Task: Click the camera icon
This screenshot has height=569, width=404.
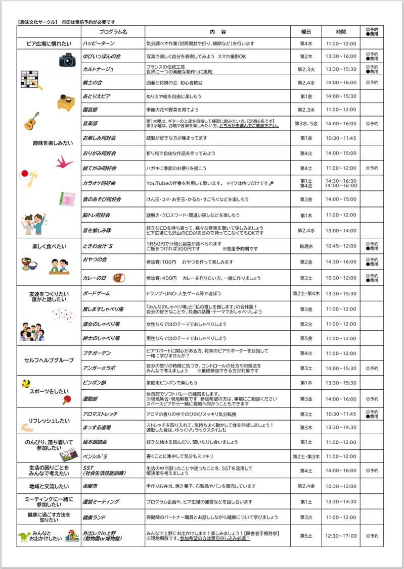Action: pos(67,60)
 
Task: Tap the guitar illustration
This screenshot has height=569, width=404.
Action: pos(31,121)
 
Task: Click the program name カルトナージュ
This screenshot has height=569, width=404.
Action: pos(99,69)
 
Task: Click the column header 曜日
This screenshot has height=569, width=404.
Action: pos(306,31)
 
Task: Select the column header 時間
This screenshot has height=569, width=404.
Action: pos(340,31)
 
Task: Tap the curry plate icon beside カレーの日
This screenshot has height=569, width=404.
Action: pos(119,278)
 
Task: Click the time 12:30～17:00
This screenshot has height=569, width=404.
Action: pos(341,536)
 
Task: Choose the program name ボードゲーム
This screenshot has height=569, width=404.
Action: pos(96,293)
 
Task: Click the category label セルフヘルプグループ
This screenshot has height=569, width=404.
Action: pos(49,360)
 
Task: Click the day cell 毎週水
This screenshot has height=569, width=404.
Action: pos(307,246)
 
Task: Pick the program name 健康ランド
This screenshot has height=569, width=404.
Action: pos(95,518)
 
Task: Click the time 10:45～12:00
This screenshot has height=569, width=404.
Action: pos(341,246)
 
